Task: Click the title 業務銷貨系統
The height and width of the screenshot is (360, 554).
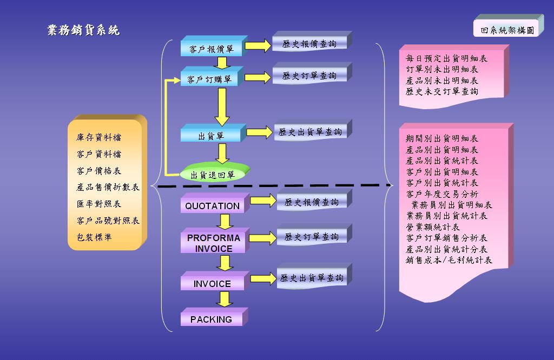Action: (83, 30)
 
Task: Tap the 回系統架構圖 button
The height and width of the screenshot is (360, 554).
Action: (507, 30)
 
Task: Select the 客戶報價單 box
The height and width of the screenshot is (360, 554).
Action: (212, 49)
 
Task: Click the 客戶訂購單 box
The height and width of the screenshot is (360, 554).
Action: (209, 79)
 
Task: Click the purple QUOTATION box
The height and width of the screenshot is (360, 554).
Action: (212, 206)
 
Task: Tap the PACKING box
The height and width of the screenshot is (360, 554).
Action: (211, 319)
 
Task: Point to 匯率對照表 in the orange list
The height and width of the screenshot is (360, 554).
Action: (99, 204)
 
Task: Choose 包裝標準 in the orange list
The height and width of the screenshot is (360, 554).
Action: (95, 237)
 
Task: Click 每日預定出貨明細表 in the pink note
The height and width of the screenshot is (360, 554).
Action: (447, 58)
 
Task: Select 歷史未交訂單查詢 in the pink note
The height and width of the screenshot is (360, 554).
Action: (442, 91)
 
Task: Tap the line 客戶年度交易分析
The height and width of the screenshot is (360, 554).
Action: (442, 194)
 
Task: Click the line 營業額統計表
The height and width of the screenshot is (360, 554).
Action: (433, 227)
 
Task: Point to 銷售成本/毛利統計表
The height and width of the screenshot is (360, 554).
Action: (449, 260)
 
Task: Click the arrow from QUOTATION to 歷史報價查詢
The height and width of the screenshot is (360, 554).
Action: (263, 201)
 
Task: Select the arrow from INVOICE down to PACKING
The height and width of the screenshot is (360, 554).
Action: (223, 299)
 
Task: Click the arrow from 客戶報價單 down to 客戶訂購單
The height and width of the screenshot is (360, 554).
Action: (222, 63)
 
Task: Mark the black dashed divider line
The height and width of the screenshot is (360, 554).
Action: (271, 186)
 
